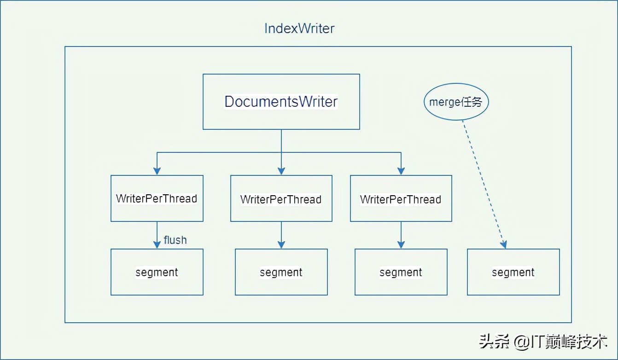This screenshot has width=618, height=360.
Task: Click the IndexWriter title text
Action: click(x=299, y=29)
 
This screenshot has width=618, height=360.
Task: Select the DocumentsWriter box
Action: click(x=281, y=102)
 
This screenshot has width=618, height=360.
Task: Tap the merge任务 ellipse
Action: click(x=455, y=102)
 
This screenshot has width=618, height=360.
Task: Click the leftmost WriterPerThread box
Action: click(x=157, y=198)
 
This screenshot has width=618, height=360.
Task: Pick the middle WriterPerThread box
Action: click(x=281, y=199)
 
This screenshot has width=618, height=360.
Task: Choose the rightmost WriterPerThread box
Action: click(x=401, y=199)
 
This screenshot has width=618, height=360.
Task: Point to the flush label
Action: click(x=175, y=240)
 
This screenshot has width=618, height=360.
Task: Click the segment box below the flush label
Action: click(x=157, y=272)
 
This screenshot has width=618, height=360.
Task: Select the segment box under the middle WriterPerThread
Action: click(x=281, y=272)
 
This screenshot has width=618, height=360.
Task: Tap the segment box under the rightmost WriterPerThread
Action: click(x=401, y=272)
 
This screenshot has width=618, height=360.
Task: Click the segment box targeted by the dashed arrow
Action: click(x=513, y=272)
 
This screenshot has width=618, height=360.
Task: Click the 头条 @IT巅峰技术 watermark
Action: click(x=543, y=341)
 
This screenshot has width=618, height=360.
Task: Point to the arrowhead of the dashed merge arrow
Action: click(x=504, y=244)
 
